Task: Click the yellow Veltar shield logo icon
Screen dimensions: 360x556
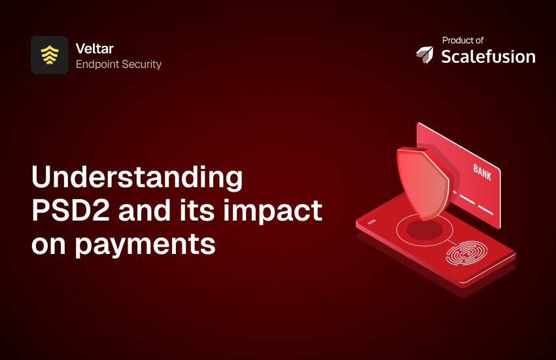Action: tap(49, 55)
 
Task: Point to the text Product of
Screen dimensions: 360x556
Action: tap(462, 40)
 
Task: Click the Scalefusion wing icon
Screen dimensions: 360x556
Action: tap(425, 56)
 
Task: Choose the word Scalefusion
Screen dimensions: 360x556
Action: tap(488, 56)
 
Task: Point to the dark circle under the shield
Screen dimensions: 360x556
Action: tap(425, 229)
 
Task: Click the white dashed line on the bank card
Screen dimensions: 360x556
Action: tap(475, 204)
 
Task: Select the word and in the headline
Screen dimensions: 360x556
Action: tap(144, 211)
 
